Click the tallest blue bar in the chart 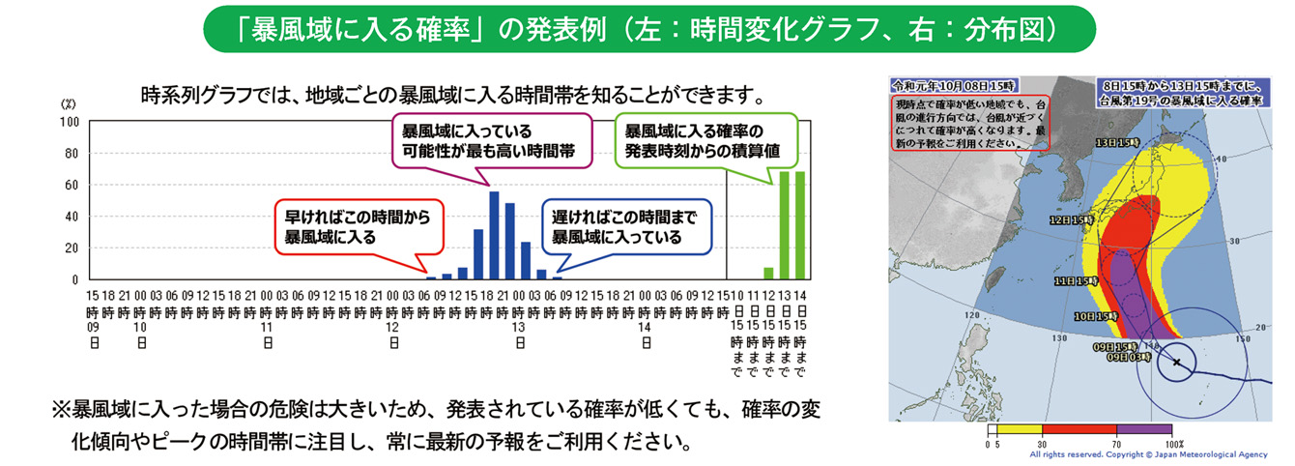click(494, 236)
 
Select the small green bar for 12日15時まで click(768, 274)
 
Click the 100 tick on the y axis click(71, 122)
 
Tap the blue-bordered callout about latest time click(624, 226)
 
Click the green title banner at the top click(647, 30)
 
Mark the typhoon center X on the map click(1176, 363)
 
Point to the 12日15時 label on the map click(1073, 219)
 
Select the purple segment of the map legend click(1144, 428)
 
